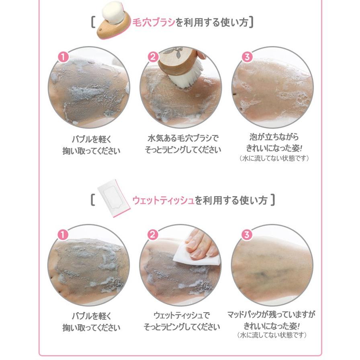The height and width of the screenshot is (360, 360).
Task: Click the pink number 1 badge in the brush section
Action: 63,57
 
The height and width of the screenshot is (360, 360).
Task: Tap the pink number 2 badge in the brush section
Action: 153,57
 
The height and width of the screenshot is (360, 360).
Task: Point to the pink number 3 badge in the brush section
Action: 247,57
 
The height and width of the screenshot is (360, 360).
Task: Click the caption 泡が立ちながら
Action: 272,137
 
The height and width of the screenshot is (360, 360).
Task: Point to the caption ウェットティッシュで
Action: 182,315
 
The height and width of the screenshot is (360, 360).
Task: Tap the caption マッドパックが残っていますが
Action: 272,314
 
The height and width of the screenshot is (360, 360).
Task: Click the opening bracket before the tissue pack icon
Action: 93,199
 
